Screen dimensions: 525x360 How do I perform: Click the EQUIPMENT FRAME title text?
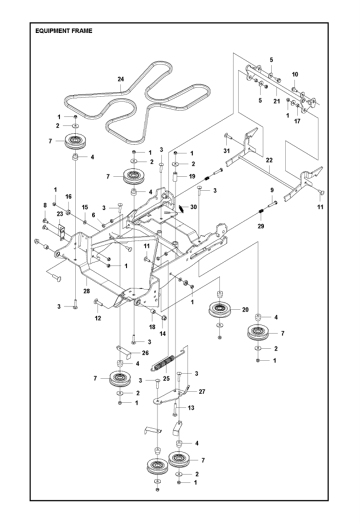tap(64, 30)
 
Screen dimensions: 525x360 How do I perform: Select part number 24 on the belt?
tap(121, 79)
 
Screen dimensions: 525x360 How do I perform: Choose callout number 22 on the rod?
tap(270, 168)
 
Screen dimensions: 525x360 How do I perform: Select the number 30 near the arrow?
tap(193, 207)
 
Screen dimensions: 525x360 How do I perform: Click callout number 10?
tap(295, 74)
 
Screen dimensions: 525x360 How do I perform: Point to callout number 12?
tap(97, 319)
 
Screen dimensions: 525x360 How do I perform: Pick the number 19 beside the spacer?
tap(192, 176)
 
